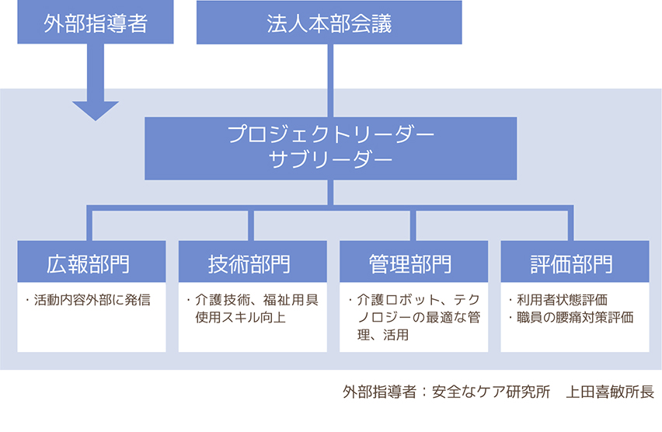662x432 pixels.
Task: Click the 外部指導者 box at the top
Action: [95, 23]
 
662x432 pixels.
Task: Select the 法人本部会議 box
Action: [329, 23]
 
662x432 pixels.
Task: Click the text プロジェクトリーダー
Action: [330, 134]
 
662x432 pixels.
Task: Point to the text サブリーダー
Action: [330, 160]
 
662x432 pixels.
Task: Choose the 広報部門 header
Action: [91, 263]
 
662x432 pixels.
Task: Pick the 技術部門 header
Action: [249, 263]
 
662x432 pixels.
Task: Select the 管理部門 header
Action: [411, 263]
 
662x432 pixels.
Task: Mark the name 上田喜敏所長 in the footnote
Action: [611, 392]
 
